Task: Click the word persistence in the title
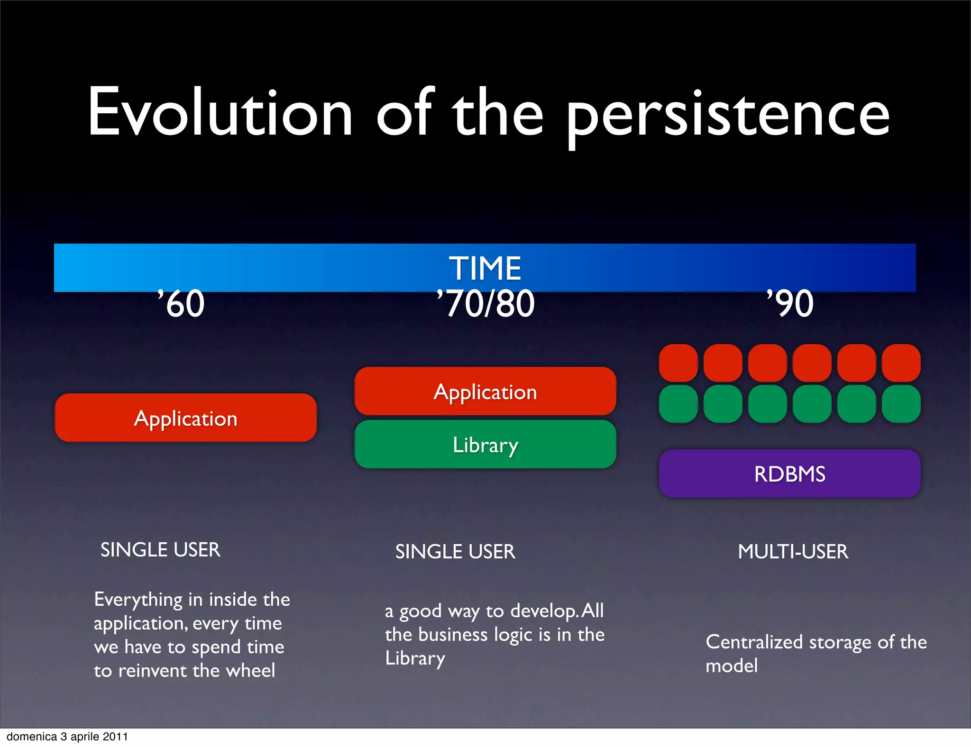coord(728,116)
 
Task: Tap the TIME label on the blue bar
coord(485,268)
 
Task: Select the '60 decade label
coord(182,304)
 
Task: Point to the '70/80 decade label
coord(485,304)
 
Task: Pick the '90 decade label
coord(790,304)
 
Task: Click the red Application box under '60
coord(185,418)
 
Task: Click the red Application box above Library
coord(485,392)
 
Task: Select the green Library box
coord(485,445)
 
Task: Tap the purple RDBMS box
coord(789,474)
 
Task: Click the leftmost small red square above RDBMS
coord(678,363)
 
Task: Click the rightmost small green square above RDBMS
coord(901,404)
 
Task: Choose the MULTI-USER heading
coord(793,551)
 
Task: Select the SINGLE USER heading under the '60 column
coord(160,550)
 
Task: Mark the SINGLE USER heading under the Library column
coord(455,551)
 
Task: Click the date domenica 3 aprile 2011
coord(67,737)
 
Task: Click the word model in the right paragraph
coord(731,666)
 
